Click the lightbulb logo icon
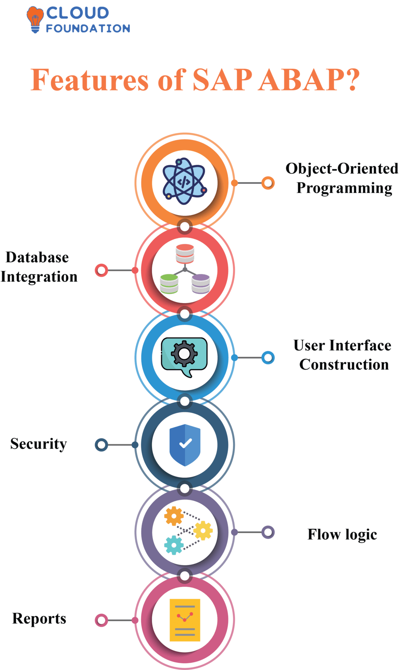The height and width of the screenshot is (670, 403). [x=35, y=19]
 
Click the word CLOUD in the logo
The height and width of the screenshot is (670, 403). [x=77, y=13]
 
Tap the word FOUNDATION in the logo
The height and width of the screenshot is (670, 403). [x=88, y=29]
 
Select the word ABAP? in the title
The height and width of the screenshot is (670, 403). [x=309, y=80]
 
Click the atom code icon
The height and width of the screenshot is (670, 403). [x=185, y=181]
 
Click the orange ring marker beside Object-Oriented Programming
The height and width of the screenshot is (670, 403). [x=268, y=183]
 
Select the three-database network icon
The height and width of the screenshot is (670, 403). [x=185, y=269]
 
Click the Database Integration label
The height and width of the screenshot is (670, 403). [x=39, y=267]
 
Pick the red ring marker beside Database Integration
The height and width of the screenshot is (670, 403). [x=102, y=270]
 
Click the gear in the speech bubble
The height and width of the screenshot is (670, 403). [x=184, y=354]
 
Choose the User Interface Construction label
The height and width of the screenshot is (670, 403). [x=343, y=355]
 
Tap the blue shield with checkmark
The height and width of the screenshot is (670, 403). [x=185, y=445]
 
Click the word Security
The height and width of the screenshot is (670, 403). [x=39, y=444]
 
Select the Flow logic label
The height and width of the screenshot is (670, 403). [x=342, y=534]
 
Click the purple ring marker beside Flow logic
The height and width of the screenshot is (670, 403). [x=268, y=532]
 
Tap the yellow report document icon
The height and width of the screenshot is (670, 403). [x=185, y=620]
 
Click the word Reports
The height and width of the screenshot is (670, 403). [x=39, y=619]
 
